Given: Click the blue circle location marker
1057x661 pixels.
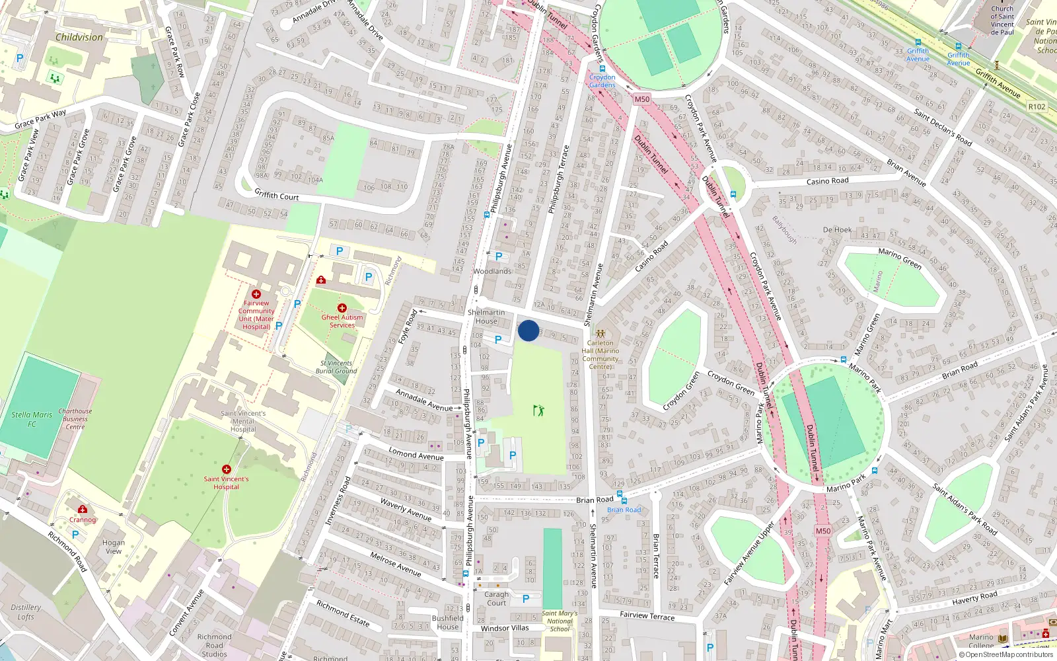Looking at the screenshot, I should click(528, 330).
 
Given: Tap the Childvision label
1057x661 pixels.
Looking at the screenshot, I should click(79, 37).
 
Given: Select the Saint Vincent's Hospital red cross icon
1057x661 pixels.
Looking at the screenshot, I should click(227, 469).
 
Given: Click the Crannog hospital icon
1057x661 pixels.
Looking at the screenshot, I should click(83, 509).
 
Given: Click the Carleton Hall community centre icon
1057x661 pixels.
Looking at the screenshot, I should click(601, 334).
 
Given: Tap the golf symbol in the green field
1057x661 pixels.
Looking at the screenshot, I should click(538, 410).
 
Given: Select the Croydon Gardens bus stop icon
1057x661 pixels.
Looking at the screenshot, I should click(602, 68).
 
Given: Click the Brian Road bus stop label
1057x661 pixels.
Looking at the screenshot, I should click(624, 510).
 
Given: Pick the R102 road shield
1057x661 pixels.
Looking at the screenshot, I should click(1037, 106).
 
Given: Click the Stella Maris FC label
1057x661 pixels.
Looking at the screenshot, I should click(32, 419).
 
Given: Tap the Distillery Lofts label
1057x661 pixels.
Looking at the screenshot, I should click(26, 612).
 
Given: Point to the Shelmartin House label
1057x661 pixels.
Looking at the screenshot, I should click(486, 317).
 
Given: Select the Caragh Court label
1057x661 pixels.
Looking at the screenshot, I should click(497, 598).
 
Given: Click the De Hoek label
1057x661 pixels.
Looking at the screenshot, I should click(837, 230).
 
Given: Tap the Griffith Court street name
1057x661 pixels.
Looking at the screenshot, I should click(277, 195).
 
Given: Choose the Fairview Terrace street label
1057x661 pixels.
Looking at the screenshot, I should click(647, 616).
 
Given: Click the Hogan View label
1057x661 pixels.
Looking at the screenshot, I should click(114, 547).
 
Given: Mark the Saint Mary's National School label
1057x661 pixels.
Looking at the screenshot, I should click(560, 621).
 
